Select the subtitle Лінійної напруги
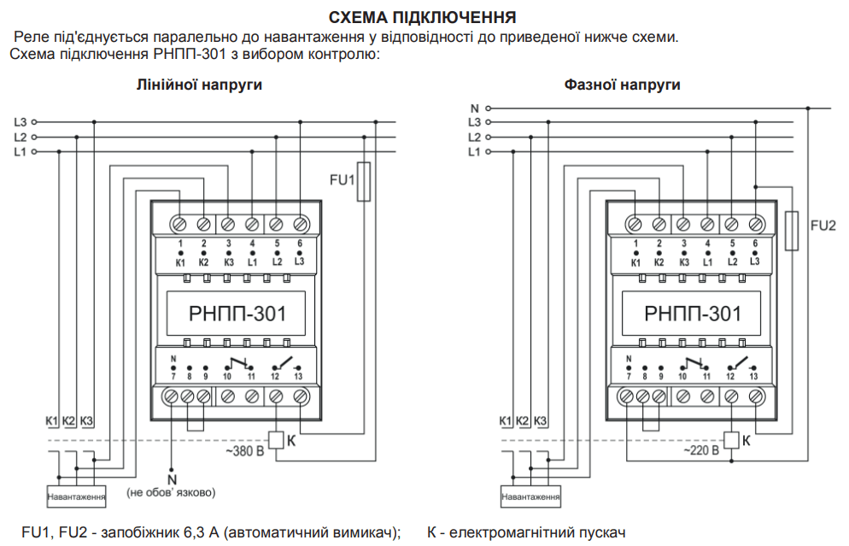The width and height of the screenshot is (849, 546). tap(199, 85)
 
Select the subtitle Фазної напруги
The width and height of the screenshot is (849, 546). tap(622, 85)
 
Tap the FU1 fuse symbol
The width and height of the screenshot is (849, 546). tap(364, 181)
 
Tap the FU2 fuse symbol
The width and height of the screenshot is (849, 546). tap(792, 231)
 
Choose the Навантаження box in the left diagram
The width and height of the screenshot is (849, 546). tap(77, 496)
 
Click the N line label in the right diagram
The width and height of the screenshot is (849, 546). tap(475, 108)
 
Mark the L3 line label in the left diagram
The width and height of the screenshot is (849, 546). tap(20, 122)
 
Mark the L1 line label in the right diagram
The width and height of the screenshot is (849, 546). tap(475, 151)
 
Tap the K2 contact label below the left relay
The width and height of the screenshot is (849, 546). tap(68, 421)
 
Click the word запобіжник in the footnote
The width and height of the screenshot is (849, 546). tap(138, 532)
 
